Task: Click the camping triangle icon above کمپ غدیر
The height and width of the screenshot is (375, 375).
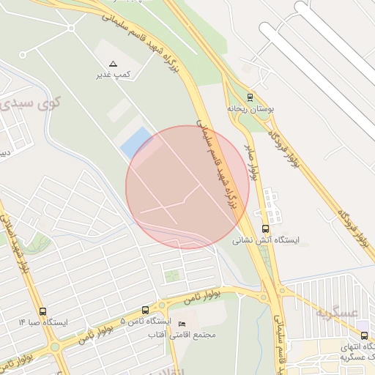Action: (x=113, y=64)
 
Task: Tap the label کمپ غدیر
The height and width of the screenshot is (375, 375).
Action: (x=114, y=75)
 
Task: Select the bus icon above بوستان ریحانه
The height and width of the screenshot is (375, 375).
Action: (x=250, y=97)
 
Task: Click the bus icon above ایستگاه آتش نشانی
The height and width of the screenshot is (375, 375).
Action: (x=265, y=229)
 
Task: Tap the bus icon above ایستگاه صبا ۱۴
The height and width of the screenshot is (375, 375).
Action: (x=42, y=311)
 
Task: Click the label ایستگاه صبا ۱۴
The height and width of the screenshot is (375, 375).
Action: (x=43, y=322)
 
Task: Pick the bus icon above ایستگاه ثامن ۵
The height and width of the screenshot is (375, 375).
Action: (x=144, y=310)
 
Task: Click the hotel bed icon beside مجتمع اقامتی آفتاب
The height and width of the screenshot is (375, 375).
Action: (x=182, y=324)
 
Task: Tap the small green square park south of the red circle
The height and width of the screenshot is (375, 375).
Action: (x=172, y=276)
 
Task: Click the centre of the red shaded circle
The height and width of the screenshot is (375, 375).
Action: (x=187, y=187)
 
